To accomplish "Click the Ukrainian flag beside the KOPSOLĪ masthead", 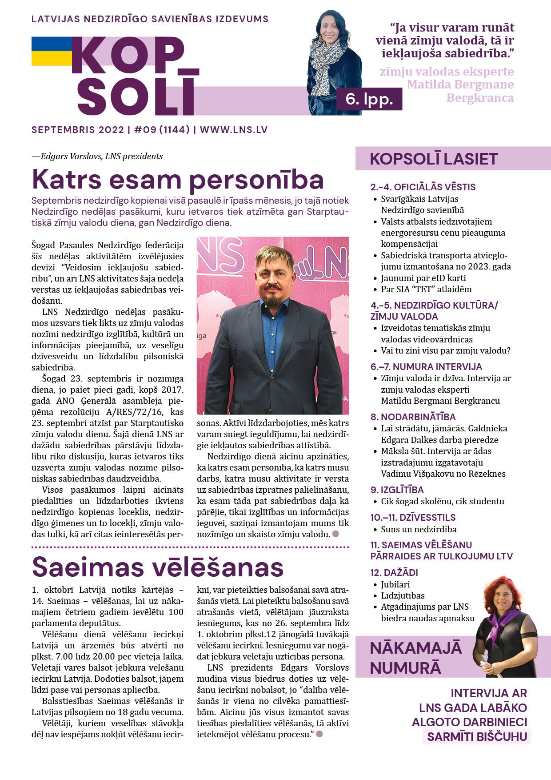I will pos(51,51).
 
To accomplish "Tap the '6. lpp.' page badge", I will pos(369,99).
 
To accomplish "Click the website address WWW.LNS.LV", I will pos(234,130).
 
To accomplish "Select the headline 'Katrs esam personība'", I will pos(178,180).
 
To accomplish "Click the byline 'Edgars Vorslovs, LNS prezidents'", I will pos(102,157).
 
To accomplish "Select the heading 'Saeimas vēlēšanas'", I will pos(158,567).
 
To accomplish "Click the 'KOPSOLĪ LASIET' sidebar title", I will pos(433,159).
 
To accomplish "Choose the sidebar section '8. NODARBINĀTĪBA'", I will pos(413,417).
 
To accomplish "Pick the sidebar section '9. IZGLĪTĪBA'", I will pos(397,490).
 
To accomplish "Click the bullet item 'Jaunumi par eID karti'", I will pos(423,278).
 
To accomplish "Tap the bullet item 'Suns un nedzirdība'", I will pos(419,529).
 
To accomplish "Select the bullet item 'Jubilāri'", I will pos(395,584).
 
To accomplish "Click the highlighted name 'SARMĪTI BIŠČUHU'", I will pos(477,737).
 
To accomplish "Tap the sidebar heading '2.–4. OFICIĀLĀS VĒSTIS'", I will pos(423,187).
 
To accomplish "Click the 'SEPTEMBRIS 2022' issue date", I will pos(78,130).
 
